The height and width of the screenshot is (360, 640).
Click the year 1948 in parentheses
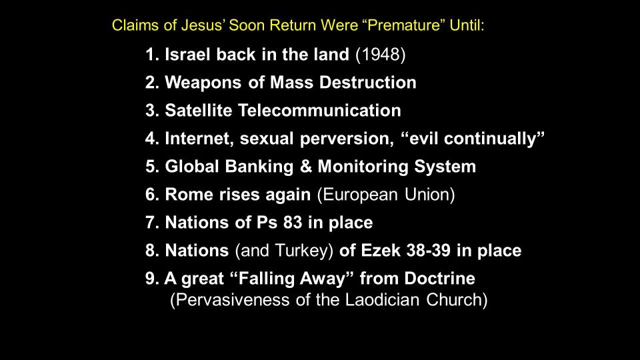coord(381,55)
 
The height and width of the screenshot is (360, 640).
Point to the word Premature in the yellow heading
coord(404,25)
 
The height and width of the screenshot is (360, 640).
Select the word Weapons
coord(203,83)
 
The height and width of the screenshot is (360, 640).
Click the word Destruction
coord(368,83)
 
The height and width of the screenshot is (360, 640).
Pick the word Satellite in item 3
coord(199,111)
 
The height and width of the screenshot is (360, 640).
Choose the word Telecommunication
coord(319,111)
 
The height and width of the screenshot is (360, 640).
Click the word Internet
coord(199,139)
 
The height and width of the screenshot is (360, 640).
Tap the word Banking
coord(259,167)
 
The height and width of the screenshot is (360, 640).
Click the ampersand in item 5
coord(306,167)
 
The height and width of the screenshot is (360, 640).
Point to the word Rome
coord(188,195)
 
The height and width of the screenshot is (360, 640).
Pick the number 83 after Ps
coord(292,223)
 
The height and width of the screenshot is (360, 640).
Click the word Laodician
coord(382,300)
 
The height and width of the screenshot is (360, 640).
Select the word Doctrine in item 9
coord(439,279)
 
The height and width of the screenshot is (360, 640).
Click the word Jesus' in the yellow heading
coord(203,25)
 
